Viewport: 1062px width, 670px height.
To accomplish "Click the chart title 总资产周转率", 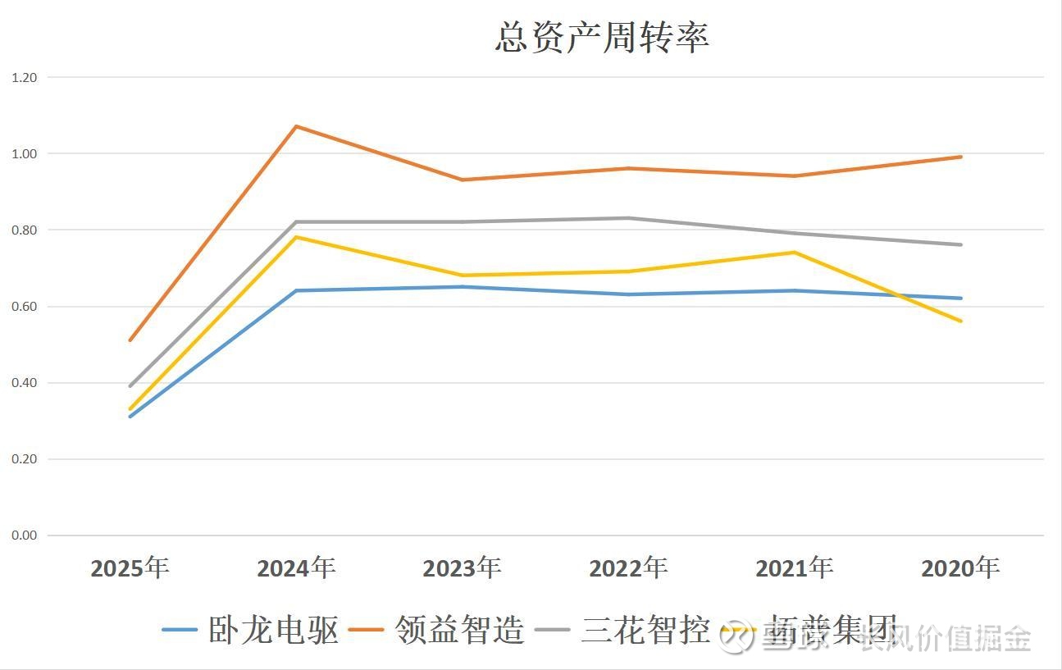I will pos(602,37).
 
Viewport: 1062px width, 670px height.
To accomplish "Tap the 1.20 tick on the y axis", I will pos(25,77).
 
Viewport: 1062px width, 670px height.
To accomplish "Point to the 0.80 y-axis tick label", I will pos(25,230).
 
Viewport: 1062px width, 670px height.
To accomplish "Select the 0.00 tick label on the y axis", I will pos(25,536).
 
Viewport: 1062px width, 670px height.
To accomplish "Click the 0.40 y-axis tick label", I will pos(25,383).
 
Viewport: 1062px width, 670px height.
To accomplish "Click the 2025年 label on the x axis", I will pos(130,567).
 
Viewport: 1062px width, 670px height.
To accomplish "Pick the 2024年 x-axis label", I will pos(296,567).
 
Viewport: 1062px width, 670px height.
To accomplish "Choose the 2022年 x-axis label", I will pos(628,567).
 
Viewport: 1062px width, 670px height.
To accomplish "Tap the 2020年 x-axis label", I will pos(960,567).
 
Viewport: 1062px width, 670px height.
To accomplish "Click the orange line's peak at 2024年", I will pos(296,126).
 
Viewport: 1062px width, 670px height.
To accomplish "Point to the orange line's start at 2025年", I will pos(130,340).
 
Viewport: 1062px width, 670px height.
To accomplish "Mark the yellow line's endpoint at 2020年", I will pos(961,321).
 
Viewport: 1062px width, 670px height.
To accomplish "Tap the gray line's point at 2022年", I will pos(628,218).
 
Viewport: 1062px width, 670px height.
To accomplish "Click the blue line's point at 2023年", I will pos(463,287).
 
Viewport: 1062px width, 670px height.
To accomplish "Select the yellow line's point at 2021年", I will pos(795,253).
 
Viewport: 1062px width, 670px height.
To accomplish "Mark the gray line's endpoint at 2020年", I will pos(961,244).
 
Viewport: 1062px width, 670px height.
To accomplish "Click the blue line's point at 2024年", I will pos(296,290).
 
